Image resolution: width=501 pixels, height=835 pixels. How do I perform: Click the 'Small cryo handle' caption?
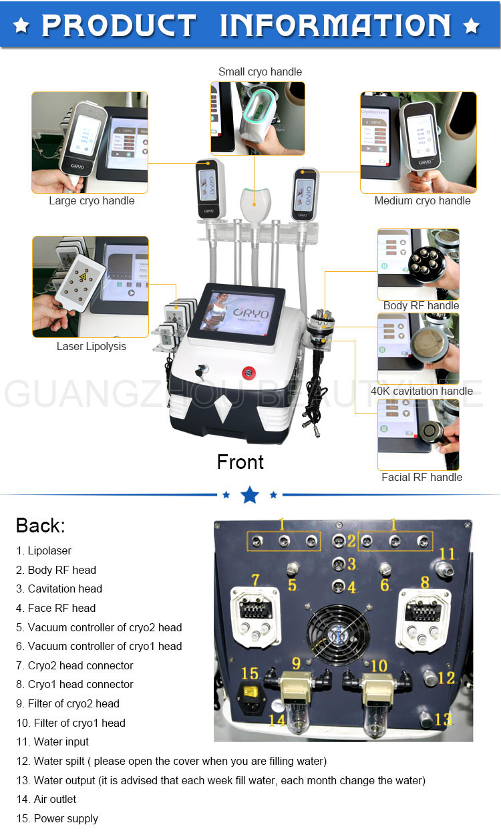click(260, 71)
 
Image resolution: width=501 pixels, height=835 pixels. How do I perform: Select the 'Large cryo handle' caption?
click(92, 200)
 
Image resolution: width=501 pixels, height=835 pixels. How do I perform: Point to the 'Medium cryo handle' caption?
click(422, 200)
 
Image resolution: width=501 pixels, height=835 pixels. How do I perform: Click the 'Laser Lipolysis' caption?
click(91, 346)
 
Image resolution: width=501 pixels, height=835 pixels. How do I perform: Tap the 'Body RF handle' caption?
click(421, 305)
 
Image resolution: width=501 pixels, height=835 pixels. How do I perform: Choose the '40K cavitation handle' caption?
click(422, 391)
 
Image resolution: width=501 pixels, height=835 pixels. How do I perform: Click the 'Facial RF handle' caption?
click(422, 477)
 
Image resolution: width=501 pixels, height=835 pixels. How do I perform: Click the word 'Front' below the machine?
click(240, 462)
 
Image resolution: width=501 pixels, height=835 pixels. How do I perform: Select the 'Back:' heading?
click(40, 525)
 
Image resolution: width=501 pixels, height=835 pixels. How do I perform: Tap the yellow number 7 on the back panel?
click(255, 579)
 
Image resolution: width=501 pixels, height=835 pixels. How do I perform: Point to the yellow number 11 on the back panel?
click(447, 554)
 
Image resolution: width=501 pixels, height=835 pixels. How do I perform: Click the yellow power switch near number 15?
click(251, 692)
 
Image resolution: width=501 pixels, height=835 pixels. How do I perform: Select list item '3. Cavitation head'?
click(59, 589)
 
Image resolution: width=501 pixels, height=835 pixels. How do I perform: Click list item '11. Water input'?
click(52, 741)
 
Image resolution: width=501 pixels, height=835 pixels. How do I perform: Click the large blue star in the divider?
click(250, 495)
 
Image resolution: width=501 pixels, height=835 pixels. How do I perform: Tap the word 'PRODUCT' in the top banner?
click(119, 25)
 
